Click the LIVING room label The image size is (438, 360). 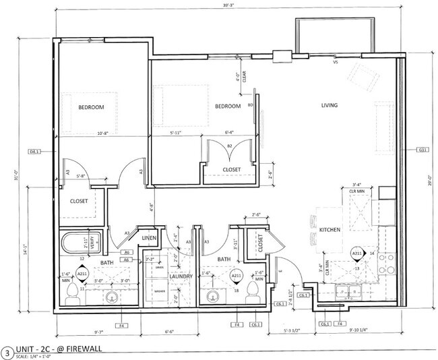click(330, 105)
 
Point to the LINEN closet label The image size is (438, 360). click(150, 237)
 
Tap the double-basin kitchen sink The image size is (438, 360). click(348, 291)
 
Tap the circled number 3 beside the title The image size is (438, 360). click(7, 351)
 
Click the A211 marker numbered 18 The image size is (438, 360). click(237, 277)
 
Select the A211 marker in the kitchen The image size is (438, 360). click(358, 254)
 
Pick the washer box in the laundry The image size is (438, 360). click(159, 291)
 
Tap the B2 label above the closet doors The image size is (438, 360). click(229, 146)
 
